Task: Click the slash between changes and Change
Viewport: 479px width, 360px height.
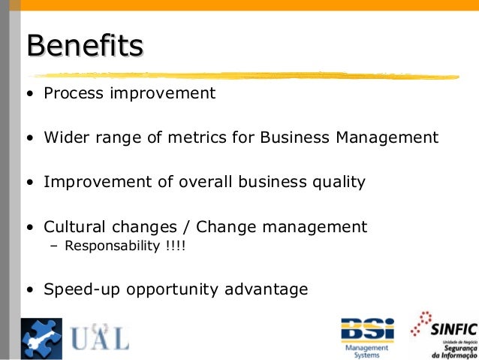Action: (185, 227)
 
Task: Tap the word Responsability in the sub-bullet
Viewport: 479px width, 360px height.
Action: (108, 246)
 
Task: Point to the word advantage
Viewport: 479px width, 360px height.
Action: (272, 289)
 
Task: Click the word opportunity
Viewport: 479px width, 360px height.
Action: (177, 289)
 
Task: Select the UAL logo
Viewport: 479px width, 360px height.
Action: (99, 337)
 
